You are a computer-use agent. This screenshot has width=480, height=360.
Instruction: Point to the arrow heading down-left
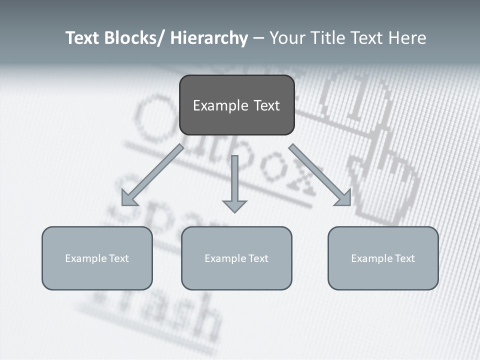(152, 175)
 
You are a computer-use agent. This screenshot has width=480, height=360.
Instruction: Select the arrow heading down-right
(320, 175)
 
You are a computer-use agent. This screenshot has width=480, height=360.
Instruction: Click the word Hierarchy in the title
(209, 38)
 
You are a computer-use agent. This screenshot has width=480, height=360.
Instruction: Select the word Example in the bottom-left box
(86, 258)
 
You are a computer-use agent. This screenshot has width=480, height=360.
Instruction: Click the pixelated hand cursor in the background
(385, 165)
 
